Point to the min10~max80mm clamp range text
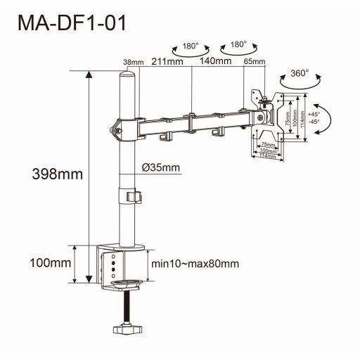(x=195, y=264)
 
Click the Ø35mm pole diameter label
(x=160, y=167)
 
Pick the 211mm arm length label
(x=167, y=61)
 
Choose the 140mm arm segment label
(x=215, y=61)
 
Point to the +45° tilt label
(x=313, y=114)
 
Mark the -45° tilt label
(x=313, y=122)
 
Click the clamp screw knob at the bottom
(x=128, y=329)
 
